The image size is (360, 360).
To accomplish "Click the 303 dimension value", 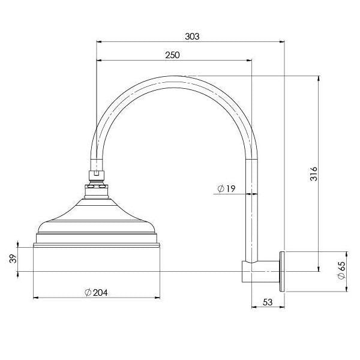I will click(x=192, y=36).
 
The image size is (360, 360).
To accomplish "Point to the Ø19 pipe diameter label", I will click(x=226, y=189).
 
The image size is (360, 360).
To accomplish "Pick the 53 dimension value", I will click(x=268, y=303).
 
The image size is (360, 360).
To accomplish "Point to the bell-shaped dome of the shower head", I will click(x=97, y=213).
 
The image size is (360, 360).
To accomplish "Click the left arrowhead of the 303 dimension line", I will click(x=98, y=42).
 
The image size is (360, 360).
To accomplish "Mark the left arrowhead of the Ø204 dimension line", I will click(x=35, y=297).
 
